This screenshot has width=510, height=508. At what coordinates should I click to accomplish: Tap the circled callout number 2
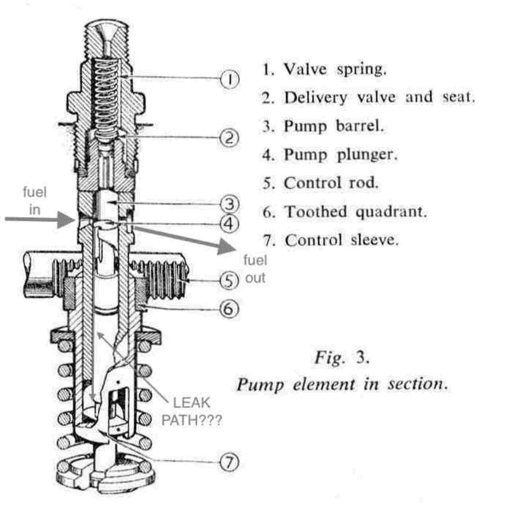(x=229, y=138)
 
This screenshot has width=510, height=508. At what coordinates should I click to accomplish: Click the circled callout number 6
(x=229, y=309)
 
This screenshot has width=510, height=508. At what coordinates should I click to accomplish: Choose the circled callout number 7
(x=229, y=462)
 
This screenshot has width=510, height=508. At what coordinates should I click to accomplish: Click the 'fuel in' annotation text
(x=35, y=201)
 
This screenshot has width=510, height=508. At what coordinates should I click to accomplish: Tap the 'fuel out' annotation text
(x=255, y=269)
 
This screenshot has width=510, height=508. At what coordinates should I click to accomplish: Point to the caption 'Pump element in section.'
(x=342, y=385)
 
